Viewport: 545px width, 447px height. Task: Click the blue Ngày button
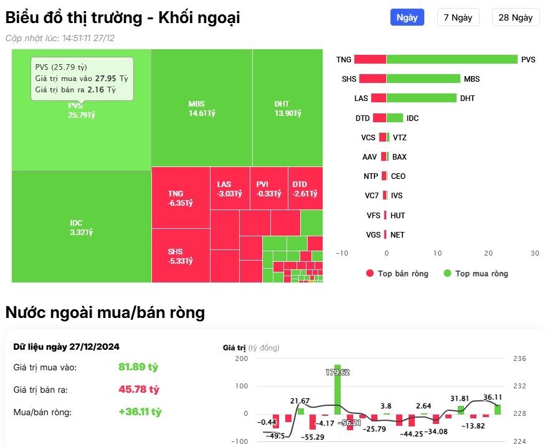[407, 17]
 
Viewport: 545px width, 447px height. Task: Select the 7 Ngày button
[458, 17]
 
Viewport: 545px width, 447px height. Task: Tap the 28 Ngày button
[516, 17]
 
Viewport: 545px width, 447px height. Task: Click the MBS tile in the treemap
[201, 108]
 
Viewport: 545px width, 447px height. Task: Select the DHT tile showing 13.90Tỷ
[287, 108]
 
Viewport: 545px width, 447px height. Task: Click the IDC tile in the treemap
[81, 227]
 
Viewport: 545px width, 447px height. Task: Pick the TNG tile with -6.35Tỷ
[180, 198]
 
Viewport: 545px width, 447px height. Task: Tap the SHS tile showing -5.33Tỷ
[180, 256]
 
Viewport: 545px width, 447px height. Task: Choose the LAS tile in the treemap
[229, 188]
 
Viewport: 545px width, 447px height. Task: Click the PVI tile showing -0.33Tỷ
[268, 188]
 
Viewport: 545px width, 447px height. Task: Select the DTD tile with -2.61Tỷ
[305, 188]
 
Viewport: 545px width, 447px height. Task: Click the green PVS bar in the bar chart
[452, 60]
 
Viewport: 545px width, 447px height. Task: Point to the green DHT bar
[422, 99]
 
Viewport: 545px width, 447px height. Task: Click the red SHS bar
[372, 79]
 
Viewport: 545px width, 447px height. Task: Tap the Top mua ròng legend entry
[475, 274]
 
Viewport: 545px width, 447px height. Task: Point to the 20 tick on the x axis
[488, 253]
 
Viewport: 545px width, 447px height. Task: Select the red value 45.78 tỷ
[139, 390]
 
